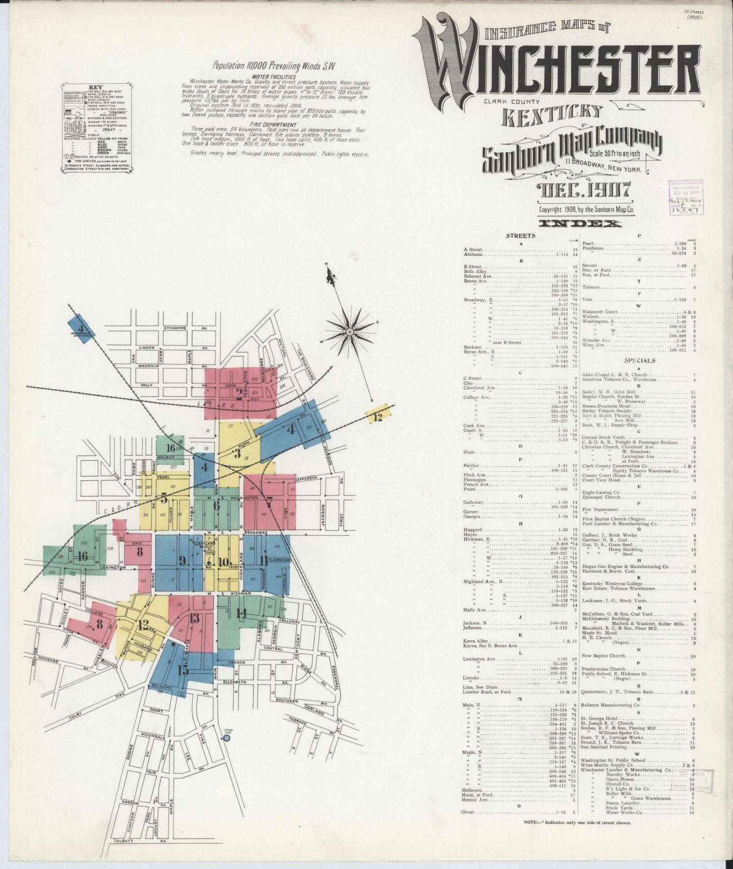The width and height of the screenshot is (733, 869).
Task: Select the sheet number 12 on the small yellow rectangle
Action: [x=378, y=417]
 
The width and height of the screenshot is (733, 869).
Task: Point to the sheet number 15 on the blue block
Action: [x=183, y=670]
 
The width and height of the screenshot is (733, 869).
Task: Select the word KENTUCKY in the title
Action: [x=552, y=114]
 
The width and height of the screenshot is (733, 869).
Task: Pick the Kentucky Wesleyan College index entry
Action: [x=613, y=584]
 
